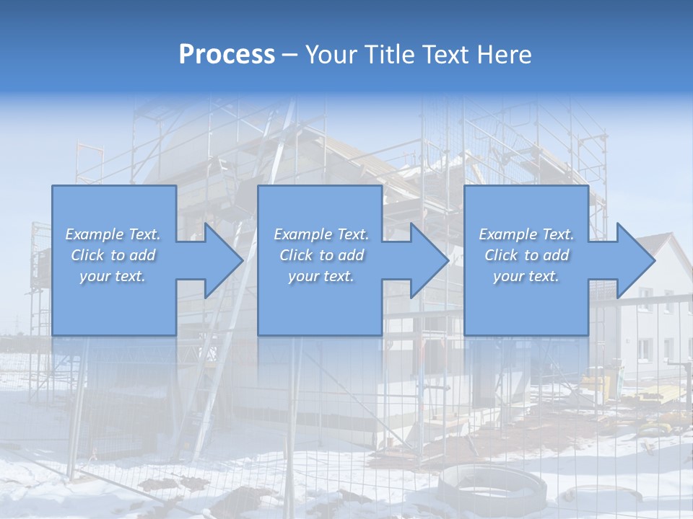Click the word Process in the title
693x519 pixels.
pyautogui.click(x=227, y=55)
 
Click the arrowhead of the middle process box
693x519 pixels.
pyautogui.click(x=428, y=260)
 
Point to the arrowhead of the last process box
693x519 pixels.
pyautogui.click(x=634, y=260)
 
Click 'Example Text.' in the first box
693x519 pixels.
pyautogui.click(x=113, y=234)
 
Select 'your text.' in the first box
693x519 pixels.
pyautogui.click(x=113, y=276)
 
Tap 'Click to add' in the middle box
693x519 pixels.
pyautogui.click(x=321, y=255)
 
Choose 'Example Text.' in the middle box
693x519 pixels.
pyautogui.click(x=321, y=234)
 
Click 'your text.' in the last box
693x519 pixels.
pyautogui.click(x=526, y=276)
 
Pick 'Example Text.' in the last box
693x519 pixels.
pyautogui.click(x=526, y=234)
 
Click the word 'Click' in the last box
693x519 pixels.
pyautogui.click(x=502, y=255)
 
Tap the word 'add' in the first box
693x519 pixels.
pyautogui.click(x=143, y=255)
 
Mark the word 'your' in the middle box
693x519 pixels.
pyautogui.click(x=302, y=276)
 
